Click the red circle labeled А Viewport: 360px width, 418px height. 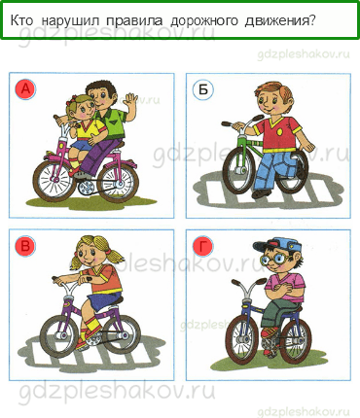(x=25, y=88)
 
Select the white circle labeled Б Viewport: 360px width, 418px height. (x=202, y=88)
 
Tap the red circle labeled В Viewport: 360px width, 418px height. (x=25, y=246)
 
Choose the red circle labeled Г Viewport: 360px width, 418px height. (x=202, y=246)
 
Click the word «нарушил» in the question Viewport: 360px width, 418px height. (x=70, y=20)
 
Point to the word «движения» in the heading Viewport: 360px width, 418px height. (x=280, y=21)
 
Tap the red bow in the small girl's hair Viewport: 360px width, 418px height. (x=69, y=102)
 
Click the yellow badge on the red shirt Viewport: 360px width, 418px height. (x=279, y=132)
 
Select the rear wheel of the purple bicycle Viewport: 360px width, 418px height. (x=121, y=333)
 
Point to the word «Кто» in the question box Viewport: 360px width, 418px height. (x=21, y=20)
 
